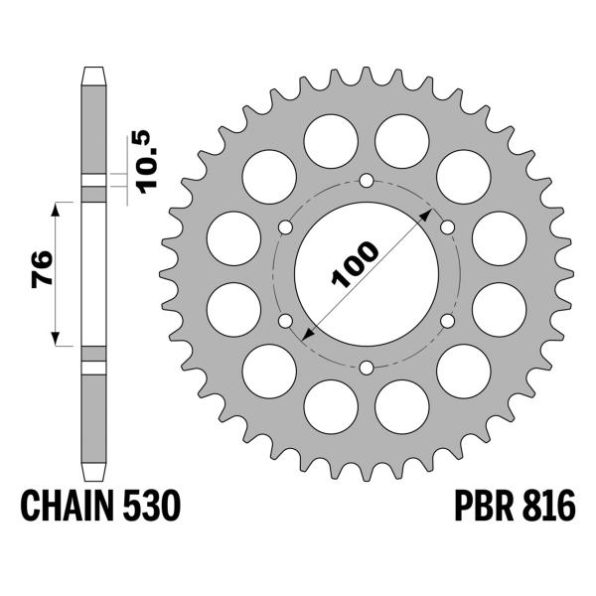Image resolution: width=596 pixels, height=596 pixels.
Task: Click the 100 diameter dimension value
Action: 355,264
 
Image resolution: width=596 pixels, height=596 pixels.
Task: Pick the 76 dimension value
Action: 43,271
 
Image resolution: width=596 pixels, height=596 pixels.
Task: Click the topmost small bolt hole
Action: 367,181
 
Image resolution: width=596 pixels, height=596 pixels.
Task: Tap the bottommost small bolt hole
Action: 367,369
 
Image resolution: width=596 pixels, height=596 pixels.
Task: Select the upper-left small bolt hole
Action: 286,227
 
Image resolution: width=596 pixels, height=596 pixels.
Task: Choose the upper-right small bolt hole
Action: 447,227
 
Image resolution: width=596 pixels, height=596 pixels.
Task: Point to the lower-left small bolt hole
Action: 286,321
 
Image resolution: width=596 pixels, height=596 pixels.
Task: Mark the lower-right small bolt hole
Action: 447,321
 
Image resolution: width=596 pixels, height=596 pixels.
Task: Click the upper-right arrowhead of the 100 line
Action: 427,215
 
